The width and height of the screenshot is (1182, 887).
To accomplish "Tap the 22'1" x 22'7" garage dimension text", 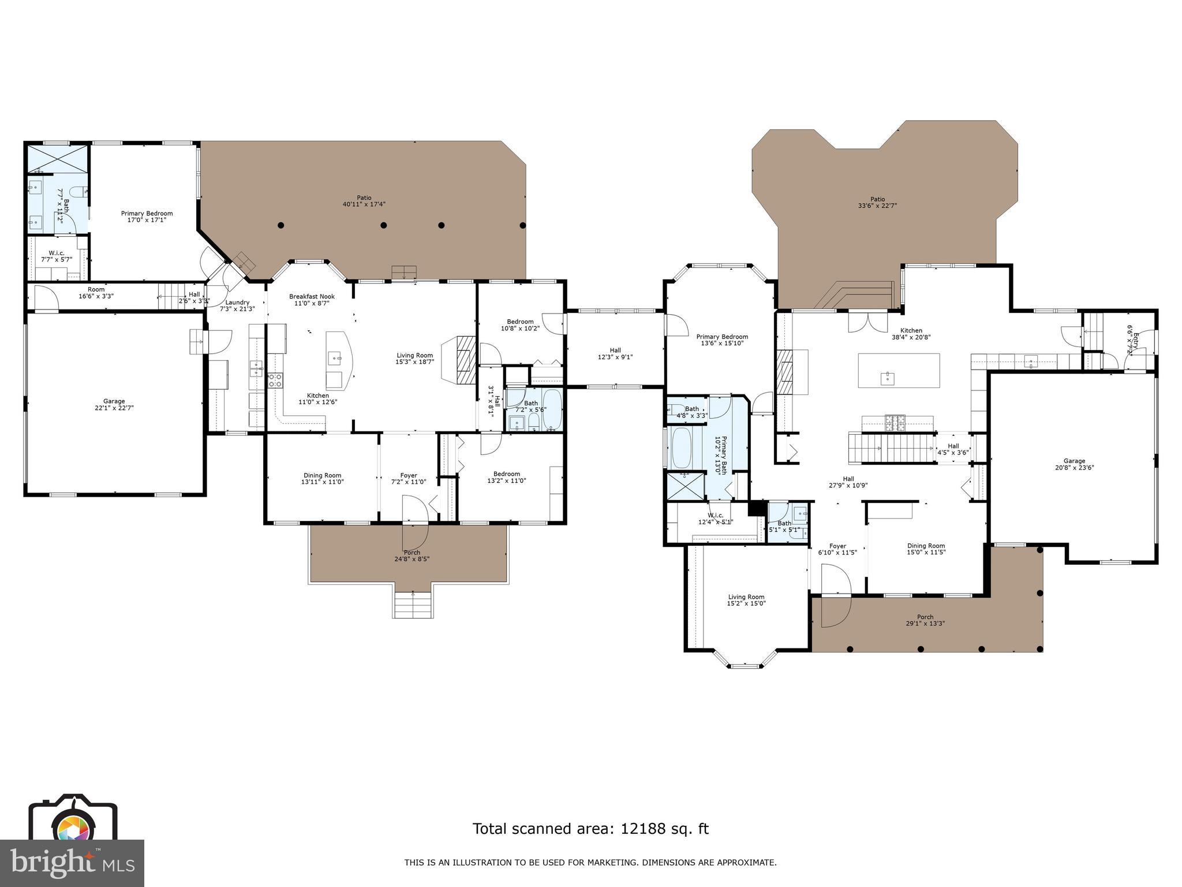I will (114, 408).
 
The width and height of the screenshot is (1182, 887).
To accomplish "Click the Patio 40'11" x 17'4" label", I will (364, 201).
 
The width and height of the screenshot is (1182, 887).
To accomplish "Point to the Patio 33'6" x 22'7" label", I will (877, 203).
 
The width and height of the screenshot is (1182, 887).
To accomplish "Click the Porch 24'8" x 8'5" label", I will (412, 556).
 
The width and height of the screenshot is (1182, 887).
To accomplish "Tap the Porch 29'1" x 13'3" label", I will (925, 620).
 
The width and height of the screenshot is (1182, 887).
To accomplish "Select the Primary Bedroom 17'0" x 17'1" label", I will (147, 217).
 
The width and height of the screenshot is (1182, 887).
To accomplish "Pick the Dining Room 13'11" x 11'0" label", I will (322, 478).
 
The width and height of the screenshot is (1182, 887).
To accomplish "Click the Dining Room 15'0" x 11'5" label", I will (926, 549).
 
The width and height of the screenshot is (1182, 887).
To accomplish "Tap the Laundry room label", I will (237, 302).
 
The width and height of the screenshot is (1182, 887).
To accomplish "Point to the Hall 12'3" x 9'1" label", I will (615, 353).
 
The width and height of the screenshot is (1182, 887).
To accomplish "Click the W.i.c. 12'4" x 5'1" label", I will (715, 519).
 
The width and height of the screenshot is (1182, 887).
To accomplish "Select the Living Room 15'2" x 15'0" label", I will (746, 600).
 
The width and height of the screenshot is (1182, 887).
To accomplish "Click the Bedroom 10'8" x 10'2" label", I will (520, 325).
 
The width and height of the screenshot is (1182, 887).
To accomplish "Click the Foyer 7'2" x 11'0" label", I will (409, 478).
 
